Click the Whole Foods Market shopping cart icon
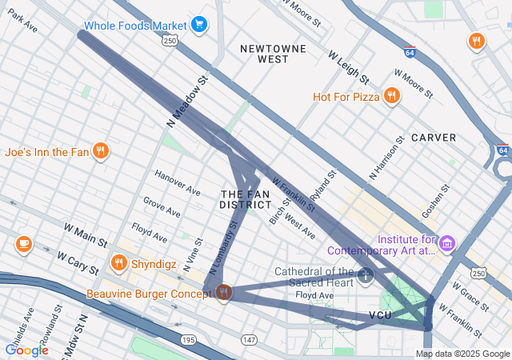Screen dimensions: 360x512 199,25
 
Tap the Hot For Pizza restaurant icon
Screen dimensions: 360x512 391,97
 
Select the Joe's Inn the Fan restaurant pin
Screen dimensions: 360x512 100,150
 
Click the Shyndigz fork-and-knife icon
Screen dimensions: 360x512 119,262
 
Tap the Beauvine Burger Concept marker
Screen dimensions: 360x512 223,294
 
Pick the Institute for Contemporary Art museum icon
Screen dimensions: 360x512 447,242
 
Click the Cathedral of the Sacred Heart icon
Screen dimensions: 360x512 366,276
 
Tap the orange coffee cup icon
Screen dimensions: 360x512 23,243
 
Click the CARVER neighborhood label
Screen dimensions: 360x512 434,138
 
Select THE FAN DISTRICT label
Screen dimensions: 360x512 245,200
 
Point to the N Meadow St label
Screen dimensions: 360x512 187,102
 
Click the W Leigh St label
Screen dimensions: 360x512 348,68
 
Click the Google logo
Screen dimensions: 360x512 26,350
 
